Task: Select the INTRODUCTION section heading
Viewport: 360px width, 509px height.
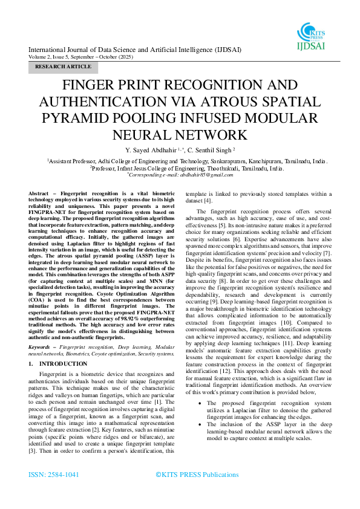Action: pyautogui.click(x=63, y=364)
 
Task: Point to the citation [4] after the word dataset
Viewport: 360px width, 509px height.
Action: pyautogui.click(x=208, y=199)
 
